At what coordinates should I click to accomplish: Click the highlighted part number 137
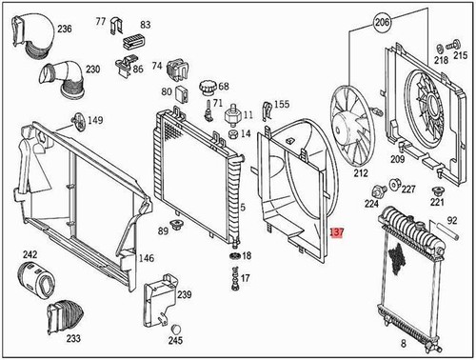[x=336, y=231]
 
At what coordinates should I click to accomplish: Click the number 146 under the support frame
[x=146, y=258]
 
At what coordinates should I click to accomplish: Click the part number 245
[x=175, y=340]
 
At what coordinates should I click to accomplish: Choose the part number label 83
[x=146, y=24]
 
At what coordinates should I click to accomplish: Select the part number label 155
[x=281, y=104]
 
